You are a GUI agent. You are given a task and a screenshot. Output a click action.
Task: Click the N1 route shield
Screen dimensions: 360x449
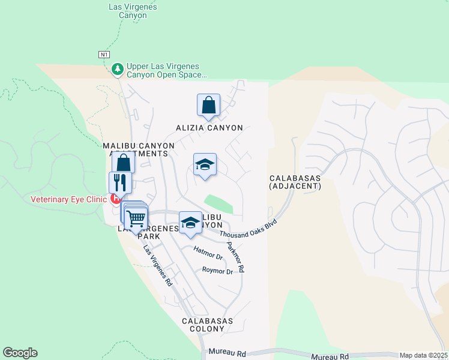[105, 55]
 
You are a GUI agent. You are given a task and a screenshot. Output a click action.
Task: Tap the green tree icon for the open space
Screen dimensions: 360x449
[118, 70]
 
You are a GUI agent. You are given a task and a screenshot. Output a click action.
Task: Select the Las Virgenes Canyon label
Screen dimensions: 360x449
[133, 10]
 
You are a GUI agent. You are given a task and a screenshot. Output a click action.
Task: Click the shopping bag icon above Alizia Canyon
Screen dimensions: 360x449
[208, 105]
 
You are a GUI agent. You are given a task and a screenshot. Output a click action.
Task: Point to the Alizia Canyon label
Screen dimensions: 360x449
[209, 128]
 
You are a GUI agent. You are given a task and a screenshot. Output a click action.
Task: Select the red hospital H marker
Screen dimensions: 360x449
[115, 199]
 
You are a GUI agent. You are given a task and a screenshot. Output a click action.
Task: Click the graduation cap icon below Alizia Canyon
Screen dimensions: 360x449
[205, 165]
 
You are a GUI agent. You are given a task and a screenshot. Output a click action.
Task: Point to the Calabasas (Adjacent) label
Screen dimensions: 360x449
[295, 182]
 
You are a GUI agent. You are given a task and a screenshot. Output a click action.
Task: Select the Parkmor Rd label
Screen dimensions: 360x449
[235, 257]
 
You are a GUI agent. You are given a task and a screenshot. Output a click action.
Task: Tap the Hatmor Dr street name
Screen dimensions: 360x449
[208, 253]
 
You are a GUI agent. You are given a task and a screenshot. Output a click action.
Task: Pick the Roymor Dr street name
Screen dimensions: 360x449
[217, 271]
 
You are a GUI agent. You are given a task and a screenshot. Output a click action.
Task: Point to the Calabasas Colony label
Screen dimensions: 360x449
[207, 325]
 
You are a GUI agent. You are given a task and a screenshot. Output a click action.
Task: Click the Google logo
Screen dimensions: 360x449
[20, 353]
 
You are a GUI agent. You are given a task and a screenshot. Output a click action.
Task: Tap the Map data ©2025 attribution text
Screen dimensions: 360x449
[424, 355]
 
